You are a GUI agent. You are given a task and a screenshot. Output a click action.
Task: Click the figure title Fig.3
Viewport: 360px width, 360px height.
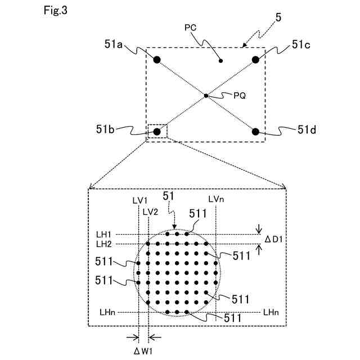tap(55, 11)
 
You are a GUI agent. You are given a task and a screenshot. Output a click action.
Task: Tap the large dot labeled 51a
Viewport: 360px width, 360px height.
tap(157, 59)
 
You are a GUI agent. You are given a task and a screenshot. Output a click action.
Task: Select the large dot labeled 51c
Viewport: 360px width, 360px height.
tap(255, 59)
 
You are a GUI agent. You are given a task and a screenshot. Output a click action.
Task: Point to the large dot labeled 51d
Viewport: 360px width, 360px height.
tap(255, 132)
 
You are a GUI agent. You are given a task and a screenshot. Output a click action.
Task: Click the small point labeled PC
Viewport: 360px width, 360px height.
tap(221, 60)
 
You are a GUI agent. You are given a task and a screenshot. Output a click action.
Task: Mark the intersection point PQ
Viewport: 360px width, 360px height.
tap(206, 96)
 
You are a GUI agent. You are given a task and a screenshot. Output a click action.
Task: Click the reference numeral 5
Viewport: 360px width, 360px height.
tap(279, 17)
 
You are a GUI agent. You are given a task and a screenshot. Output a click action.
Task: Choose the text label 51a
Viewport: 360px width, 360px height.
tap(114, 43)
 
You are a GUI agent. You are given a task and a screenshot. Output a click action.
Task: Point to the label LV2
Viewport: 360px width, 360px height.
tap(150, 211)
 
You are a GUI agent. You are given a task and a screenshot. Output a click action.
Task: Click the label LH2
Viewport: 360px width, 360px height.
tap(103, 244)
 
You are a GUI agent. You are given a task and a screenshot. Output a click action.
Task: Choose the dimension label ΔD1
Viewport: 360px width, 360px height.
tap(274, 239)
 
